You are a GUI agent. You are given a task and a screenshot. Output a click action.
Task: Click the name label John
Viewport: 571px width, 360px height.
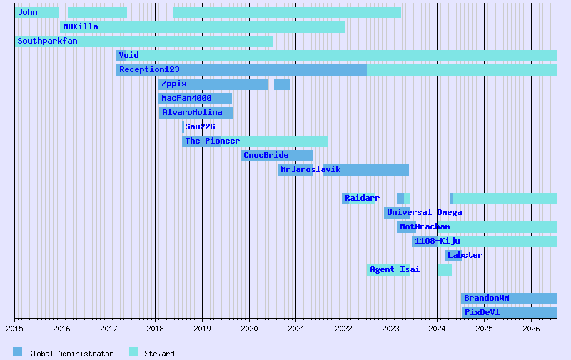27,12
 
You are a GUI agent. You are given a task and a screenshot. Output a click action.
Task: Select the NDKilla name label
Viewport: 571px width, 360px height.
81,26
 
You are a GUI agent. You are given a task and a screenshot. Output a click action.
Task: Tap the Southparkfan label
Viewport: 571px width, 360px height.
47,41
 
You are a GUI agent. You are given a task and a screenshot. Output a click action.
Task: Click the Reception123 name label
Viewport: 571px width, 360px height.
149,69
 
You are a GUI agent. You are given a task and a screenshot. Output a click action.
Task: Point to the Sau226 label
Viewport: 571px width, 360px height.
200,126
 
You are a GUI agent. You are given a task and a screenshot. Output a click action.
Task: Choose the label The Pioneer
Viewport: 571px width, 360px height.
213,141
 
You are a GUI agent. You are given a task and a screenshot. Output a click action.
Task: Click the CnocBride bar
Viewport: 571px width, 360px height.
277,156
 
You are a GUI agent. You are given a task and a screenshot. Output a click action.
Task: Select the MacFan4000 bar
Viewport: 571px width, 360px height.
195,99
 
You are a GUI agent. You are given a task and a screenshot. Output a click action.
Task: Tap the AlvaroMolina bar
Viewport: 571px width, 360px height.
196,113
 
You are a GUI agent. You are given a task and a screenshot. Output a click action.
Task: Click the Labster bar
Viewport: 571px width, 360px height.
453,256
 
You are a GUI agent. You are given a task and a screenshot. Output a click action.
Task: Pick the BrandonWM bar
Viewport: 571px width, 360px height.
509,299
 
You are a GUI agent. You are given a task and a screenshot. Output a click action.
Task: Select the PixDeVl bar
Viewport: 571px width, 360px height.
509,313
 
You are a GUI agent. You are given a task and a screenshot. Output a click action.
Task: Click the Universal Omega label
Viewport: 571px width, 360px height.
425,212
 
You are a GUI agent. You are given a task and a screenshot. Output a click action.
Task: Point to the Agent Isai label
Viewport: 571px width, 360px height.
395,269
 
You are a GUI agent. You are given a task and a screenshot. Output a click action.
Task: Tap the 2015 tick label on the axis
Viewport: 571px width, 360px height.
15,329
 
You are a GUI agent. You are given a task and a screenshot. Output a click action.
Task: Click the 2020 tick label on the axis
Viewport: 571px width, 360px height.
249,329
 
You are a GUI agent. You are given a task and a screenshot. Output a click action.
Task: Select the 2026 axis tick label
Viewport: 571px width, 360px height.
531,329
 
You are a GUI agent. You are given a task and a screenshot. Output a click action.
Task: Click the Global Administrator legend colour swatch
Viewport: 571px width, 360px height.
18,352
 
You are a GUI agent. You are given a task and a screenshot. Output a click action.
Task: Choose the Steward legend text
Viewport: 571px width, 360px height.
159,354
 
